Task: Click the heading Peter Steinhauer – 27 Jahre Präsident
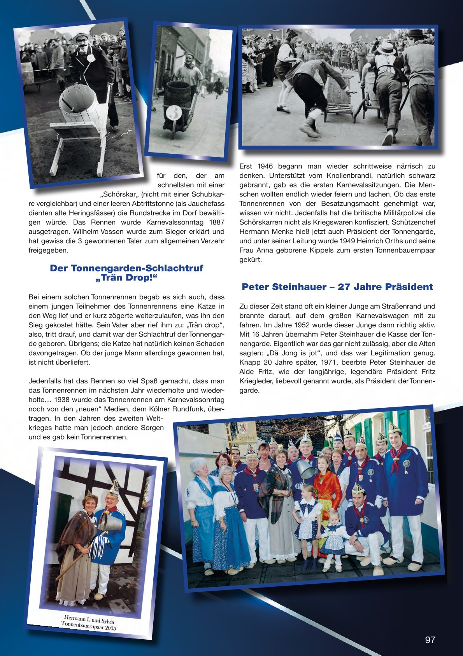coord(337,287)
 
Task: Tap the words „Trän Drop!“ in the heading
coord(126,278)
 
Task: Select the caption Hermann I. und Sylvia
coord(89,619)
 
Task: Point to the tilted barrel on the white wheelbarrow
coord(78,105)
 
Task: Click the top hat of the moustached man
coord(82,36)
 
